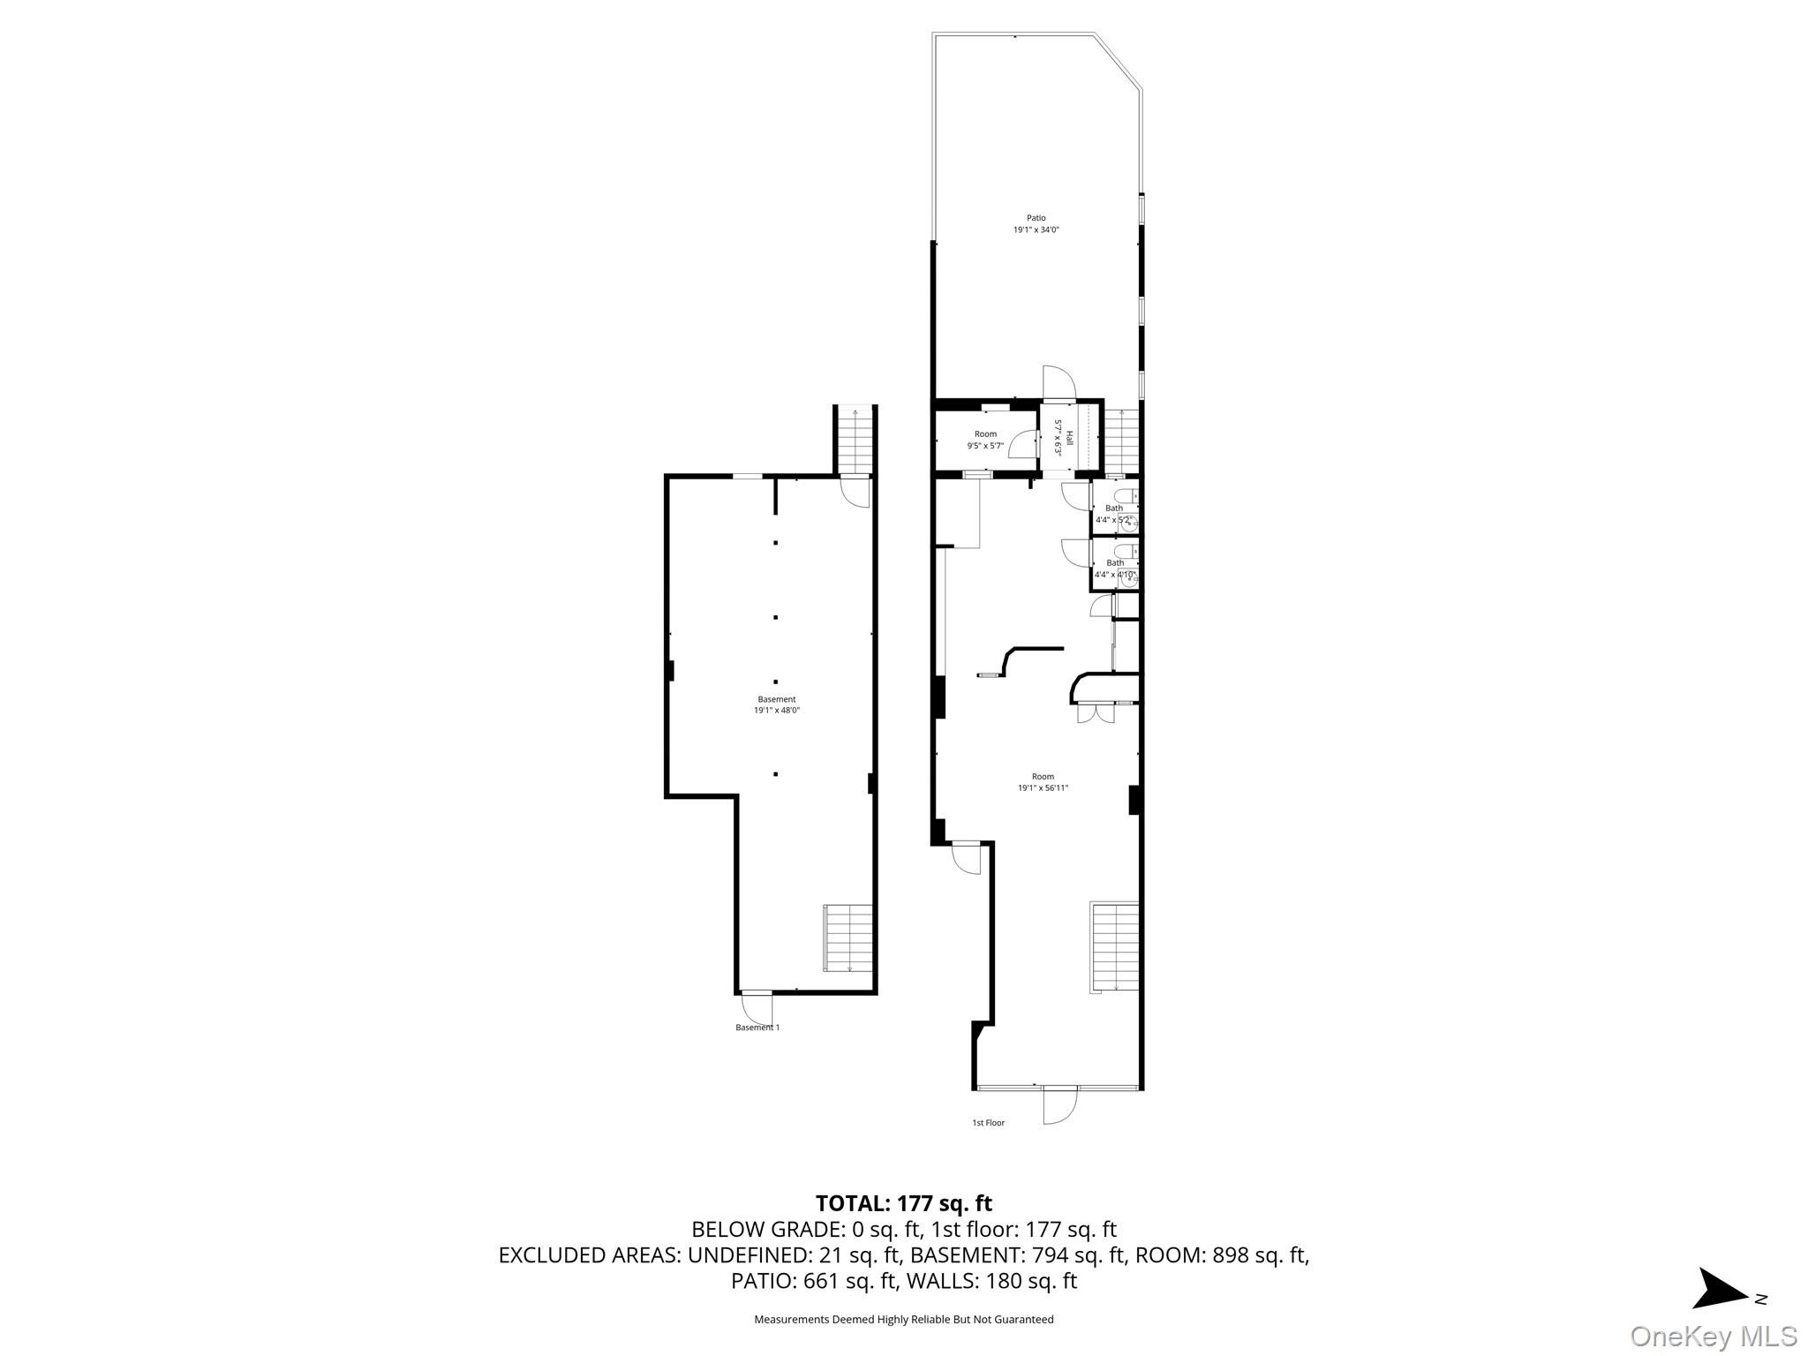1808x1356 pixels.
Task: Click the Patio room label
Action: click(x=1036, y=218)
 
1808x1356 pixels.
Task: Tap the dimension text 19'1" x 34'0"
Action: click(x=1036, y=230)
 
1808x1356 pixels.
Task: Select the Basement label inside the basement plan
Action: click(x=776, y=699)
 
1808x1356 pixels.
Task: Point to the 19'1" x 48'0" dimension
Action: click(x=776, y=711)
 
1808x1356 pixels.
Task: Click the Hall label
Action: click(x=1070, y=438)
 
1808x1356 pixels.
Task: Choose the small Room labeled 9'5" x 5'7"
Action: click(x=985, y=440)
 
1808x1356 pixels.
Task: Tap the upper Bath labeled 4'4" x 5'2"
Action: click(x=1114, y=514)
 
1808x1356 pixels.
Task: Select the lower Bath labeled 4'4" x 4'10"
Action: click(x=1115, y=569)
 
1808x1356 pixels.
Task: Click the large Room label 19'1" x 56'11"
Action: click(x=1043, y=782)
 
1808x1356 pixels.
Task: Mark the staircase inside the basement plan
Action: click(x=848, y=938)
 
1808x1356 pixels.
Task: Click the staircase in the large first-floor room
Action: click(x=1115, y=946)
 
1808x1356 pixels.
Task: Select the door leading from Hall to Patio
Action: click(x=1058, y=383)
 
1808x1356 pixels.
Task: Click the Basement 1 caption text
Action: click(x=757, y=1028)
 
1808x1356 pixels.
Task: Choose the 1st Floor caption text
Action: click(x=988, y=1123)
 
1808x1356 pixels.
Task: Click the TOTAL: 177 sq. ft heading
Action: click(x=903, y=1203)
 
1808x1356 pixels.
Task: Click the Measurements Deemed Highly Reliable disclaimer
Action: click(x=903, y=1320)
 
